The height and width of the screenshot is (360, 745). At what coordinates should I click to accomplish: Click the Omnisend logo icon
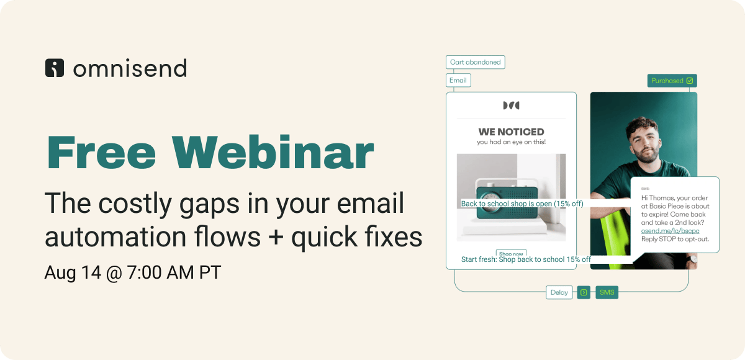(x=55, y=68)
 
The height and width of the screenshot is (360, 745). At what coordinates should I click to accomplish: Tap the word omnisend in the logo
(x=130, y=68)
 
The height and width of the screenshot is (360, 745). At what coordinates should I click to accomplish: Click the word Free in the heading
(x=101, y=152)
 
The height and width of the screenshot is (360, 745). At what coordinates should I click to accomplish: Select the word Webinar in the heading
(x=273, y=152)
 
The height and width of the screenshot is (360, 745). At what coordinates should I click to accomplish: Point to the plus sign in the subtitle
(x=276, y=237)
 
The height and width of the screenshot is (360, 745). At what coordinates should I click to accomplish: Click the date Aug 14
(x=73, y=272)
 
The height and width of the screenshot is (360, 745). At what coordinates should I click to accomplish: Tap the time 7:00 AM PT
(x=174, y=272)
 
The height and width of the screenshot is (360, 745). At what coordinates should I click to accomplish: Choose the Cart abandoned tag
(x=476, y=62)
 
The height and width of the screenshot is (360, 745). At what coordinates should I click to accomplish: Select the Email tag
(x=458, y=80)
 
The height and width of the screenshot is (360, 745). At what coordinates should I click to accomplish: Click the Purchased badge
(x=672, y=81)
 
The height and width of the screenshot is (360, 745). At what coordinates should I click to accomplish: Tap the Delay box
(x=559, y=292)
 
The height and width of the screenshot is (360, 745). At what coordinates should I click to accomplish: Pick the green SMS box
(x=607, y=292)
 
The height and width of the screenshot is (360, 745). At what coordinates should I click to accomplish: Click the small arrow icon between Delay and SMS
(x=584, y=292)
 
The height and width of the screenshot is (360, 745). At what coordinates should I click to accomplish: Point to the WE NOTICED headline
(x=511, y=132)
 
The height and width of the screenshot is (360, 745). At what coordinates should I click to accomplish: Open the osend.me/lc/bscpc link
(x=670, y=231)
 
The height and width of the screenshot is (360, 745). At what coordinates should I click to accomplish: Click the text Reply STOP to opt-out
(x=675, y=239)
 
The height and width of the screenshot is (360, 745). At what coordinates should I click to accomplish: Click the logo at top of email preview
(x=511, y=106)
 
